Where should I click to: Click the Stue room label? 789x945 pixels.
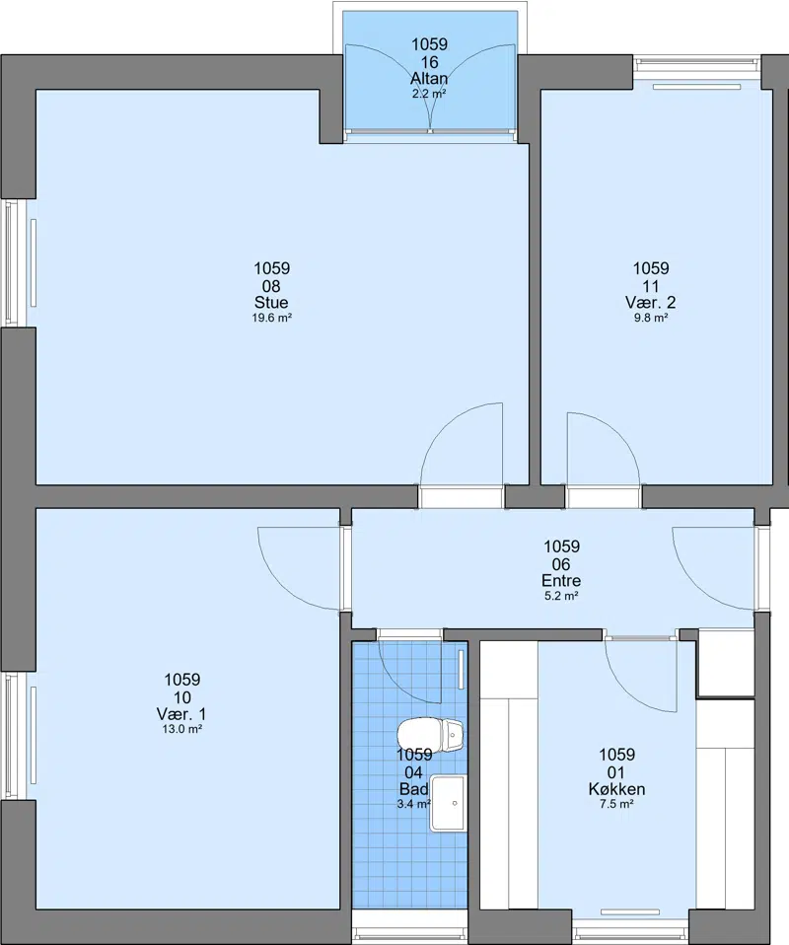click(x=271, y=303)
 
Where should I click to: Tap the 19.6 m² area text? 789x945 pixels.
click(x=272, y=319)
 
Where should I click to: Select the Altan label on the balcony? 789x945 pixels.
click(x=429, y=78)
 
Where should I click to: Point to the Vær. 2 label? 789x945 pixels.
click(x=650, y=303)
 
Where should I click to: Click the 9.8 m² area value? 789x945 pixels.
click(x=651, y=319)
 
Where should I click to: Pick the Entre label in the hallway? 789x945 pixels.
click(x=561, y=581)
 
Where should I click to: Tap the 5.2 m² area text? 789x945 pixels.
click(x=562, y=597)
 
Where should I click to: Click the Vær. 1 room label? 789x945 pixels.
click(x=181, y=714)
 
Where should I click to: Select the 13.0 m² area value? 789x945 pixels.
click(x=182, y=729)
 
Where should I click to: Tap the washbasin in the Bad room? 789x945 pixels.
click(x=448, y=804)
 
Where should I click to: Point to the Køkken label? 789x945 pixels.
click(x=616, y=789)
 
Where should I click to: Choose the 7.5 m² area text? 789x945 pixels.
click(x=616, y=804)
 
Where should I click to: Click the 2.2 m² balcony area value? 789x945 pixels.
click(x=429, y=94)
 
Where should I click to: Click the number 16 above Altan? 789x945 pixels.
click(x=430, y=62)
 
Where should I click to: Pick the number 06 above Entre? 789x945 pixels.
click(x=561, y=564)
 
